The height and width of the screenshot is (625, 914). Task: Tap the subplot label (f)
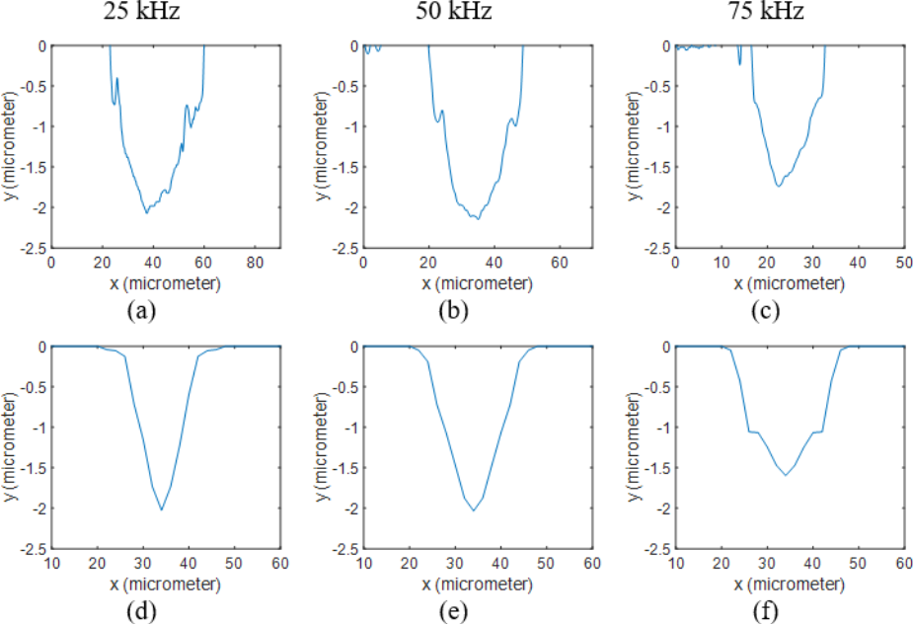tap(768, 610)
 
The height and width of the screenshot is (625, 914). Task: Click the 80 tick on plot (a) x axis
tap(254, 263)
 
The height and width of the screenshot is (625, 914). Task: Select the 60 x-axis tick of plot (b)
tap(559, 263)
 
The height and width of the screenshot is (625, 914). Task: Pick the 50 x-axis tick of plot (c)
tap(902, 263)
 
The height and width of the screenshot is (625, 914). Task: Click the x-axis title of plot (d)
tap(166, 582)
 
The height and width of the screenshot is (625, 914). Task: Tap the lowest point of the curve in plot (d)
tap(161, 509)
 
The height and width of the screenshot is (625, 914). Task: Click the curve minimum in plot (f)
tap(786, 476)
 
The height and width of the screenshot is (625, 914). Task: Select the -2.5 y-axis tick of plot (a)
tap(33, 248)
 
